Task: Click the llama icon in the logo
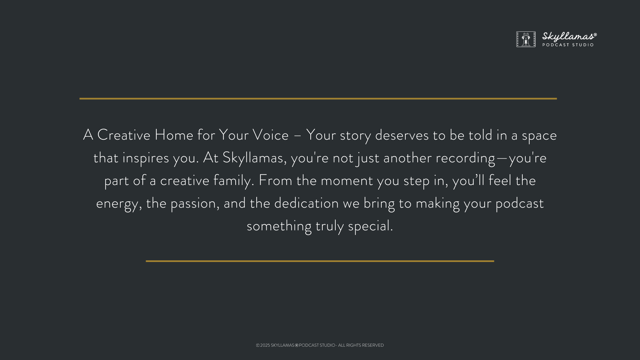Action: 526,39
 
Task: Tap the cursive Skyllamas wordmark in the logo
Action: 569,37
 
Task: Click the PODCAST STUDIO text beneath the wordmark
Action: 568,45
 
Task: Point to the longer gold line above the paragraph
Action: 318,99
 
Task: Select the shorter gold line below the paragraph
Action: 320,261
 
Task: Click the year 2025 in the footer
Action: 265,345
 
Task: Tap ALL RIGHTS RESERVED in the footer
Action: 361,345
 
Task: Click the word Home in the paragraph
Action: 174,135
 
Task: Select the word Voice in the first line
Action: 270,135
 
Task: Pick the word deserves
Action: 402,135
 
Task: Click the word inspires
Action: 146,158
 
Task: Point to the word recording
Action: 465,158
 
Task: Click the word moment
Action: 347,181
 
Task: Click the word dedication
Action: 306,203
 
